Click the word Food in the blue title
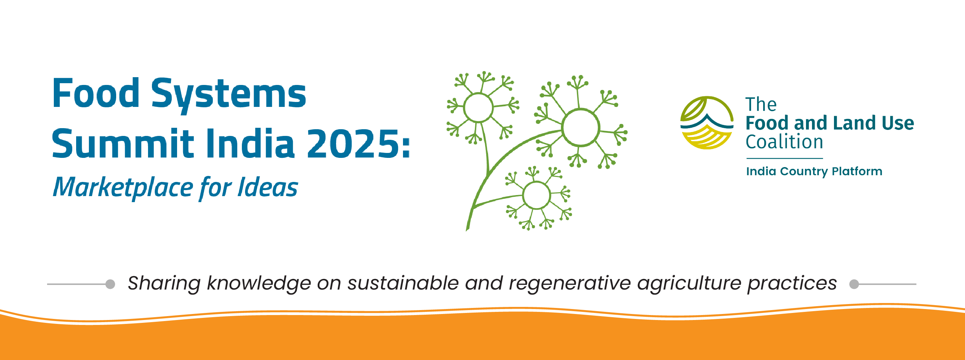click(96, 92)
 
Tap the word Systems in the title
click(228, 95)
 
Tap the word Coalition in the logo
click(784, 142)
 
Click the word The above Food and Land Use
click(761, 104)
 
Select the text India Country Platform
click(814, 171)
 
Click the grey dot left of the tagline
click(110, 284)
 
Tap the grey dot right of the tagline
click(854, 284)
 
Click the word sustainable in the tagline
click(403, 283)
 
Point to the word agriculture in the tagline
click(689, 284)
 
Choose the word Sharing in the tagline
click(164, 284)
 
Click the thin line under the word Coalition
click(784, 159)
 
